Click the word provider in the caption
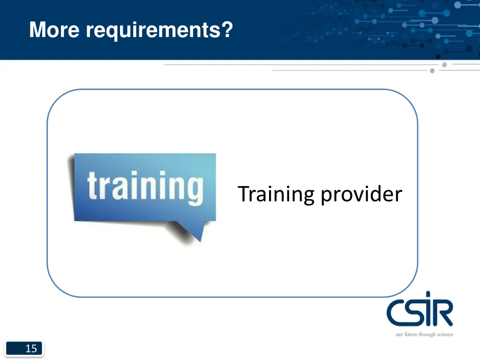point(361,195)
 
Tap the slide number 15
point(31,348)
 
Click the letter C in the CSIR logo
point(397,314)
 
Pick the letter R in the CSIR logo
point(443,314)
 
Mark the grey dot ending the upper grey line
point(444,65)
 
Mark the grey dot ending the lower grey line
point(432,71)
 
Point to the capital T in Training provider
point(244,194)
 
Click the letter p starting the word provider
point(326,196)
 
